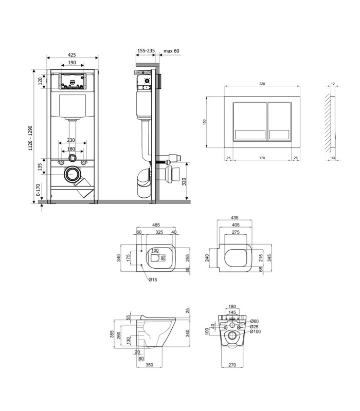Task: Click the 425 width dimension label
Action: point(71,55)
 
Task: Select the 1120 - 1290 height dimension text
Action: point(30,138)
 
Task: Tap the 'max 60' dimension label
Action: point(171,51)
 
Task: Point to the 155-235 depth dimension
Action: point(146,50)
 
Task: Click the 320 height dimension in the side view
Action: point(184,181)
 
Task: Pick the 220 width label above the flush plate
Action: point(262,84)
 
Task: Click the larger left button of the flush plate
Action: point(250,121)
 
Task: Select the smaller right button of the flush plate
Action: point(279,121)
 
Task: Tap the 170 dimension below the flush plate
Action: point(262,158)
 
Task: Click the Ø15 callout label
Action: point(153,279)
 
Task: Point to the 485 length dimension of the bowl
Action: point(156,225)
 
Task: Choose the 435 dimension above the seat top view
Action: point(235,217)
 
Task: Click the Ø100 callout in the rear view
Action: point(255,331)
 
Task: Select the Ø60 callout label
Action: point(254,321)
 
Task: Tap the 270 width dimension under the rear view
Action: point(232,365)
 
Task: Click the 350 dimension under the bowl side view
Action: point(149,365)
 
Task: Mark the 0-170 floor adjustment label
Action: point(38,190)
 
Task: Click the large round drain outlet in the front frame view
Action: point(71,174)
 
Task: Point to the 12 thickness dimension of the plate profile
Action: point(333,84)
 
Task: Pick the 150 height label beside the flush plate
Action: point(204,122)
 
